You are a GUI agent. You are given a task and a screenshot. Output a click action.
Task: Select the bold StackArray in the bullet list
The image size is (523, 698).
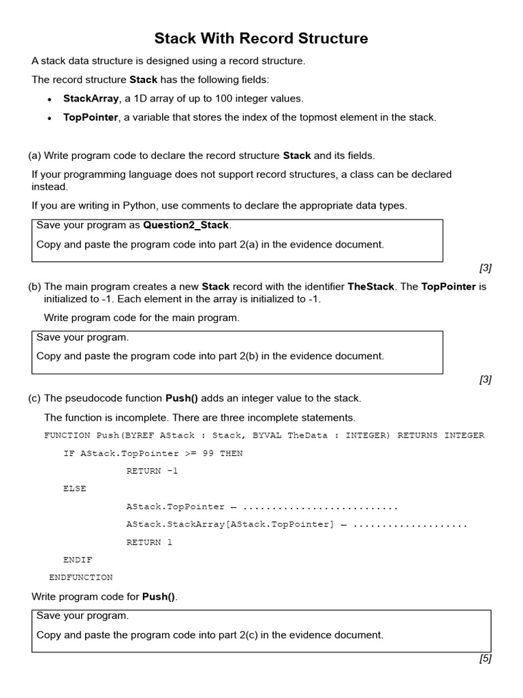[x=91, y=98]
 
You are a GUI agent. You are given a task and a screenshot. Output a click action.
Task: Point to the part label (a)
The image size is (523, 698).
[x=35, y=155]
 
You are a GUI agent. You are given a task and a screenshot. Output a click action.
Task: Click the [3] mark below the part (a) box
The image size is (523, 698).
[x=485, y=268]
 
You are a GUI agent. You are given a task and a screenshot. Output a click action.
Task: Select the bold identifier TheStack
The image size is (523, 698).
[x=370, y=286]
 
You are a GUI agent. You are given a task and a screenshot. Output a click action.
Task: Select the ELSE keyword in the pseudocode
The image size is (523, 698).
[x=74, y=489]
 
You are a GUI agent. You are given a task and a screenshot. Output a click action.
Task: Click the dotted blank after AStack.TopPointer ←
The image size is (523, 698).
[x=319, y=507]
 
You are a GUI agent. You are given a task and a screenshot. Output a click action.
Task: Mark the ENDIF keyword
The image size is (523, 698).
[x=78, y=560]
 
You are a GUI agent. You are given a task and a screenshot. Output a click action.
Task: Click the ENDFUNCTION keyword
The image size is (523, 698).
[x=81, y=577]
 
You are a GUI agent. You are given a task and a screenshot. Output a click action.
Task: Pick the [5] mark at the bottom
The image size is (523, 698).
[x=485, y=658]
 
